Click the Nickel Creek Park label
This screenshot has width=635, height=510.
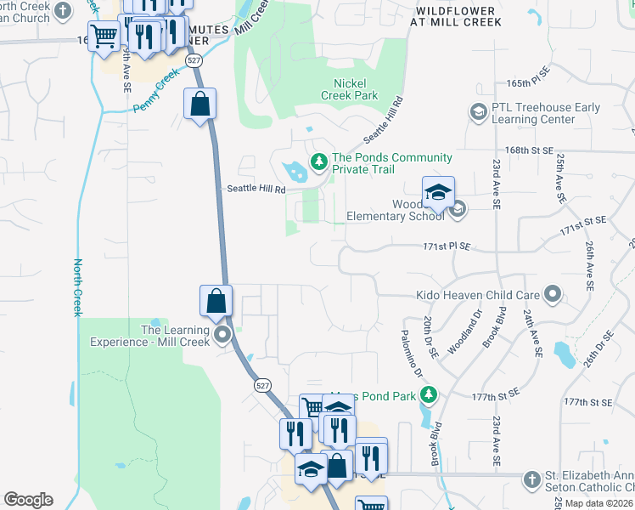tap(349, 89)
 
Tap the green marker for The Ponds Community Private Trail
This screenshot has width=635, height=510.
tap(319, 160)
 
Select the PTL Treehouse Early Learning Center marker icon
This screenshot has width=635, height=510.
tap(478, 112)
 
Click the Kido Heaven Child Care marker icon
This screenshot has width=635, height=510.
tap(554, 296)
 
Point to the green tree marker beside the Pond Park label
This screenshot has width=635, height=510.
tap(430, 394)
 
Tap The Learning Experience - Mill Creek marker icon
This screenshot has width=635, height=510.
tap(223, 334)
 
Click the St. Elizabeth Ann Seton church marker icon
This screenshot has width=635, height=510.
tap(532, 479)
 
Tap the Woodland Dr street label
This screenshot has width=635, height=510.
tap(464, 331)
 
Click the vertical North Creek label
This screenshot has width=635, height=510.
tap(77, 287)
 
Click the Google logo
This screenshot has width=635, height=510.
tap(28, 500)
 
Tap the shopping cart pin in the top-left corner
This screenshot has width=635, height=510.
tap(104, 36)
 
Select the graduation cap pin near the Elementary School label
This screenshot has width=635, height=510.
tap(439, 193)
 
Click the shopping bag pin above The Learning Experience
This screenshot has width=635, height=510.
tap(216, 301)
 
